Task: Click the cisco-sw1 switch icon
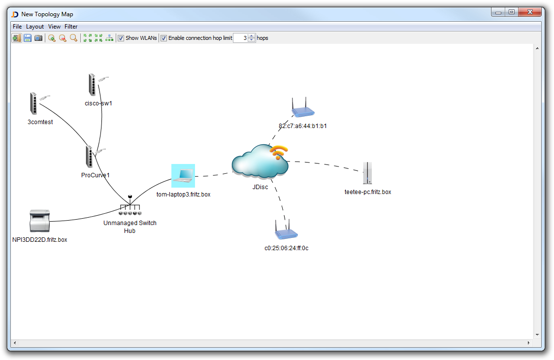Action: point(92,84)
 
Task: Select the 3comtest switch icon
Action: point(33,103)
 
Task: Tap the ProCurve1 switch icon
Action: point(89,157)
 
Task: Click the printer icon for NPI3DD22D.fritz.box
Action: point(40,221)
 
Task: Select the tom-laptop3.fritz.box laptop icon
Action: point(183,176)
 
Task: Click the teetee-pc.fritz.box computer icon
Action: point(367,173)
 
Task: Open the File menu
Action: point(17,27)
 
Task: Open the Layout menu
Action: point(35,27)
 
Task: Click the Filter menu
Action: point(71,27)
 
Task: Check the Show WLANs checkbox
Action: point(121,38)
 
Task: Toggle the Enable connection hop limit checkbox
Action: point(164,38)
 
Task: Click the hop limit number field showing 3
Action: point(240,38)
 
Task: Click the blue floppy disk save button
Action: point(28,38)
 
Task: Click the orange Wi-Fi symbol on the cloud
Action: point(279,152)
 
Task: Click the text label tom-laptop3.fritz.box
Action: point(183,195)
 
